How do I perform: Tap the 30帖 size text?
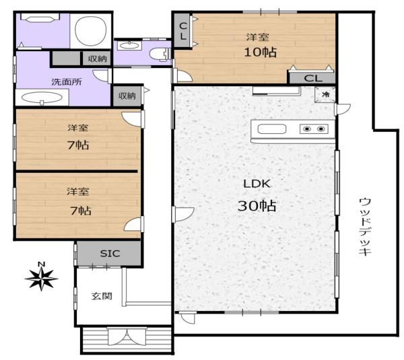(257, 206)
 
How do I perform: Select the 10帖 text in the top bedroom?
(260, 52)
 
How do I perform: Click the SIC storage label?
(110, 254)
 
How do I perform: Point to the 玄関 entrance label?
(102, 296)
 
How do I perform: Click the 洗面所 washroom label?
(67, 81)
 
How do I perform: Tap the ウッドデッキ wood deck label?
(364, 226)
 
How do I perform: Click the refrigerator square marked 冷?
(325, 94)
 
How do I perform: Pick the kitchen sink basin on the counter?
(272, 129)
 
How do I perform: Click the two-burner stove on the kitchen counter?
(314, 129)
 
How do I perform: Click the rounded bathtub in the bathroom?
(91, 31)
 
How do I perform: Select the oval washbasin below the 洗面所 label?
(42, 98)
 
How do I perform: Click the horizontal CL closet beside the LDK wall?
(312, 78)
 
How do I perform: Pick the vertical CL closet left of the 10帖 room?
(182, 31)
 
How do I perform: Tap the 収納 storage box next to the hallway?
(127, 96)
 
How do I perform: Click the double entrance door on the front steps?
(127, 336)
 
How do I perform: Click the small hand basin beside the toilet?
(129, 46)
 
